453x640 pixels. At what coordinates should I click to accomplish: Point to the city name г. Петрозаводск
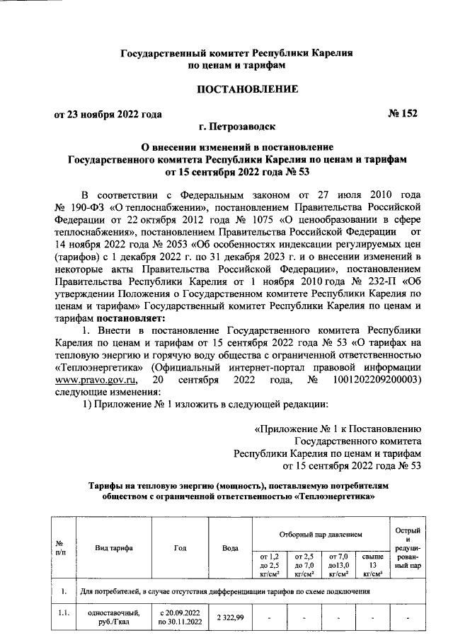238,127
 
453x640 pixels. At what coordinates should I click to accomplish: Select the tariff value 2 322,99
229,619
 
